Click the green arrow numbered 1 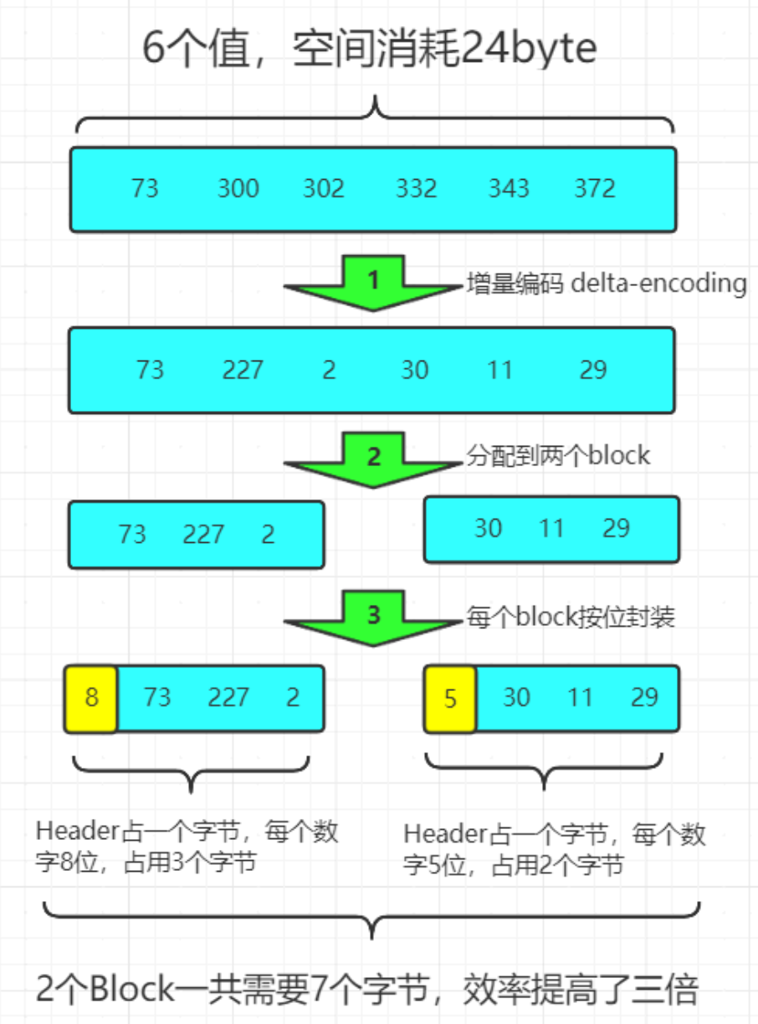(x=373, y=283)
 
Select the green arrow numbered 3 (x=373, y=617)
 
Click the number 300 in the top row (x=238, y=189)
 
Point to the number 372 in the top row (x=595, y=189)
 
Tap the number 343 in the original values (x=509, y=189)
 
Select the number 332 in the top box (x=416, y=189)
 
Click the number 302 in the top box (x=324, y=189)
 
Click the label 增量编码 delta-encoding (x=606, y=284)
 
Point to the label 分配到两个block (x=558, y=455)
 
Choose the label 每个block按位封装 (x=571, y=617)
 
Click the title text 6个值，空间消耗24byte (x=369, y=52)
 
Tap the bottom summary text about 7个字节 (x=368, y=992)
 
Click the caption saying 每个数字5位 (x=555, y=848)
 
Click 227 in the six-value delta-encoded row (x=243, y=370)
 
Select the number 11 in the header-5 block (x=580, y=698)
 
